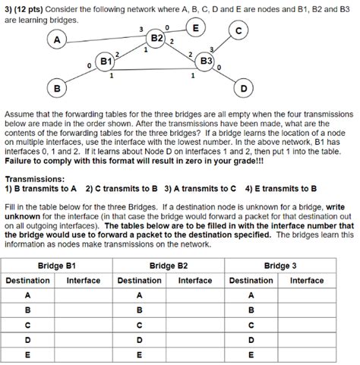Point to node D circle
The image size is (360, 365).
click(x=244, y=87)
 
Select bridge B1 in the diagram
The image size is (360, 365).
click(x=106, y=60)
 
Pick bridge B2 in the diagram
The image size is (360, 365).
click(x=158, y=39)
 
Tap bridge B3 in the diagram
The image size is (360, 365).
click(x=205, y=60)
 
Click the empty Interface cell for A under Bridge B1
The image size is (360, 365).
click(x=84, y=295)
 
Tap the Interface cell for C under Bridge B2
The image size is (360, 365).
click(x=194, y=324)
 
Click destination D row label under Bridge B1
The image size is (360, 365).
click(x=28, y=339)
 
